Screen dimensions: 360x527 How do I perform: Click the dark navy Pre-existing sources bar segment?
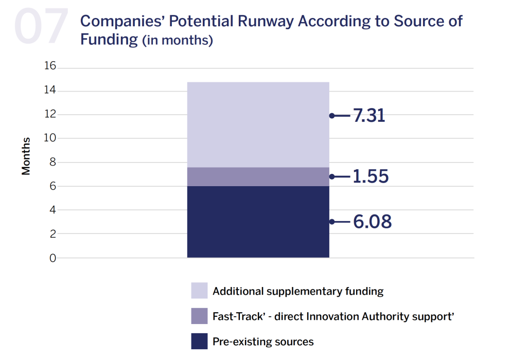pos(258,222)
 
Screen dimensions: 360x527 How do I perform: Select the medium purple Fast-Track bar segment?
pos(258,176)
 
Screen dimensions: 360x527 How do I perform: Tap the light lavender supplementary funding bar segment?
pos(258,124)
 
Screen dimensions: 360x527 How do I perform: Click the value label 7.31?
pos(369,116)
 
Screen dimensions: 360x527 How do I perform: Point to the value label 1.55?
pos(371,176)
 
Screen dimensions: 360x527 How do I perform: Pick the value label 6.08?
pos(372,222)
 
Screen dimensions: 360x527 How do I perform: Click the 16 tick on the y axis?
pos(50,67)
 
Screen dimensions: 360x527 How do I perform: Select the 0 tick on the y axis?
pos(52,258)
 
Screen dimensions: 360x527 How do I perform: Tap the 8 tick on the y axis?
pos(52,163)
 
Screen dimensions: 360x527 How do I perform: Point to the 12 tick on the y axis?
pos(50,115)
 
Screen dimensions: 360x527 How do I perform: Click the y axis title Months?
pos(26,156)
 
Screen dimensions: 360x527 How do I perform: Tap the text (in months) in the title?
pos(178,41)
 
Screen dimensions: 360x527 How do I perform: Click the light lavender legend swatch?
pos(199,291)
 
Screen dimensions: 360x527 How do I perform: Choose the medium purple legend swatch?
pos(199,316)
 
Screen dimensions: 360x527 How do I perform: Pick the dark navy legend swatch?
pos(199,341)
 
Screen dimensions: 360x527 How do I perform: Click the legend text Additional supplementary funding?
pos(298,291)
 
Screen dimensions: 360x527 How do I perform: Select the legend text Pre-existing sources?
pos(263,341)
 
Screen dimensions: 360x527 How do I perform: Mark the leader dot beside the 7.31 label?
pos(332,116)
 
